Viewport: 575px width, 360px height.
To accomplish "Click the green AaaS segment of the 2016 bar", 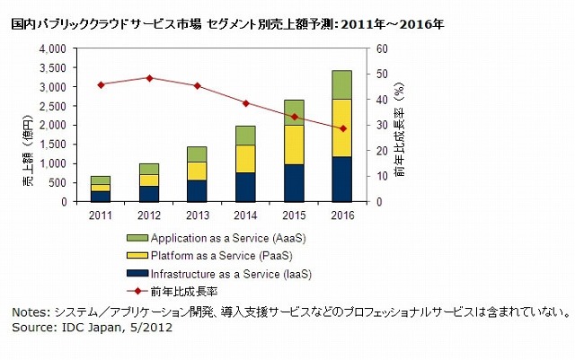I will [341, 84].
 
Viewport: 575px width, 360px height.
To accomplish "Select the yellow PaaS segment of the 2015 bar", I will [293, 145].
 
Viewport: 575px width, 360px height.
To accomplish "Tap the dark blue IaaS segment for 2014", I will [245, 187].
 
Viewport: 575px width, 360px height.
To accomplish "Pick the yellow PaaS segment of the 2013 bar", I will [197, 171].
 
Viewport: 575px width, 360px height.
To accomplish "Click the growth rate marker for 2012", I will [149, 78].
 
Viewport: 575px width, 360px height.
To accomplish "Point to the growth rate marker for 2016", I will [341, 128].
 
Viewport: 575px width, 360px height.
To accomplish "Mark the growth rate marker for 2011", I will [102, 84].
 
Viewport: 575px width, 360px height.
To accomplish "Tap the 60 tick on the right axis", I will [380, 48].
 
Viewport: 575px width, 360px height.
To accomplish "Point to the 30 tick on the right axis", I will [380, 125].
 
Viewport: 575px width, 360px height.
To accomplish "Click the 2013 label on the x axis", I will [197, 215].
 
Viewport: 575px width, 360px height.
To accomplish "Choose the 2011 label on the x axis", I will [102, 215].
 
